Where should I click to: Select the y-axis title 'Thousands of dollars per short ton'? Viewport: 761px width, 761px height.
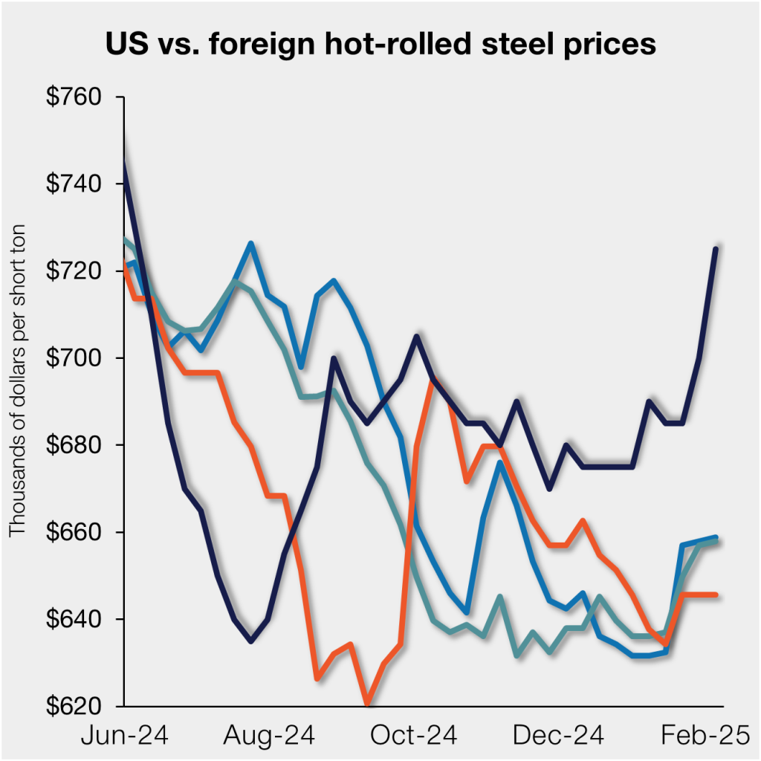[x=18, y=380]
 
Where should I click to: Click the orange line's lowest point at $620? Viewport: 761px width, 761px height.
[x=367, y=703]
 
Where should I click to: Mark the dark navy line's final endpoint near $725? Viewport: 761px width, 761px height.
[x=716, y=249]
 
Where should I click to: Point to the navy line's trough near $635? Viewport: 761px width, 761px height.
[x=251, y=641]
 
